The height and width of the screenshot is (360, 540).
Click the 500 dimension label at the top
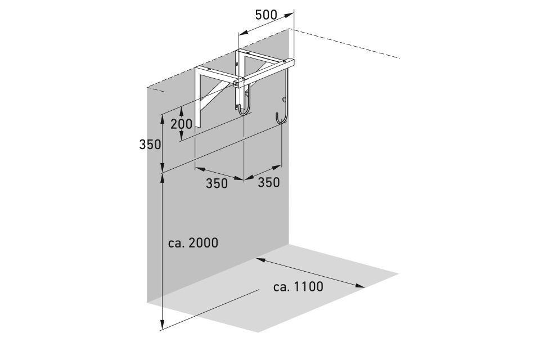[x=267, y=15]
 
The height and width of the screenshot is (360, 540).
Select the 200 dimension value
[x=181, y=123]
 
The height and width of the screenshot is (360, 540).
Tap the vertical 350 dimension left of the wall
[x=150, y=144]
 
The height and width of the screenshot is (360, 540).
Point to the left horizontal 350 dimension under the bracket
[x=217, y=183]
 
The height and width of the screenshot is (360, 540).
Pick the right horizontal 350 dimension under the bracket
[x=269, y=182]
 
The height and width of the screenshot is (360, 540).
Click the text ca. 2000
[x=193, y=243]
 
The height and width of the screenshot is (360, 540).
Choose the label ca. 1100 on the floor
[x=298, y=287]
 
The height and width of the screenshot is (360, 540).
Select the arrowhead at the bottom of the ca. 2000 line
[x=162, y=326]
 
